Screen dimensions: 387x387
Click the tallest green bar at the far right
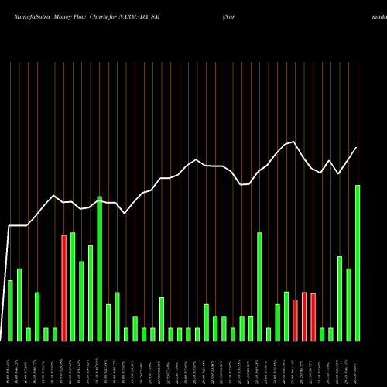358,263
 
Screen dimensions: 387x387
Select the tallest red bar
64,288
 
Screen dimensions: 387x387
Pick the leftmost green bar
10,310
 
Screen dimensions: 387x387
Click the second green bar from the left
19,305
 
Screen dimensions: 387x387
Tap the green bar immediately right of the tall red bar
73,286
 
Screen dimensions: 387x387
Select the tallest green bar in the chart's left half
100,269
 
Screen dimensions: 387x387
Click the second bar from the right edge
348,305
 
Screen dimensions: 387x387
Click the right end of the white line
357,148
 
